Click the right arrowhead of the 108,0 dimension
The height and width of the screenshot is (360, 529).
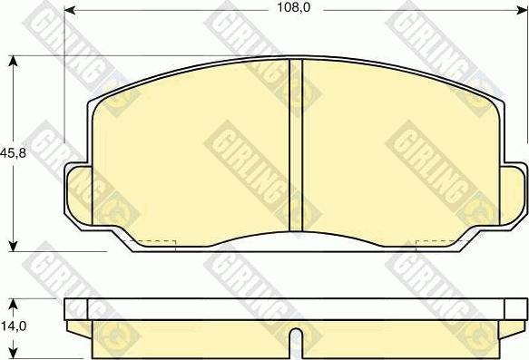pos(524,9)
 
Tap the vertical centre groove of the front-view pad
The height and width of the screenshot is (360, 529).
pos(295,145)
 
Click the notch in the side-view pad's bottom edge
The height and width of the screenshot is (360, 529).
pos(295,343)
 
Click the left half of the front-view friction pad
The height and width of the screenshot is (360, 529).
pos(191,145)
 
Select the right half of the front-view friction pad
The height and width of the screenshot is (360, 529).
pos(399,145)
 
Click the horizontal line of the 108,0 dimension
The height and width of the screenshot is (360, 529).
pos(181,9)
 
